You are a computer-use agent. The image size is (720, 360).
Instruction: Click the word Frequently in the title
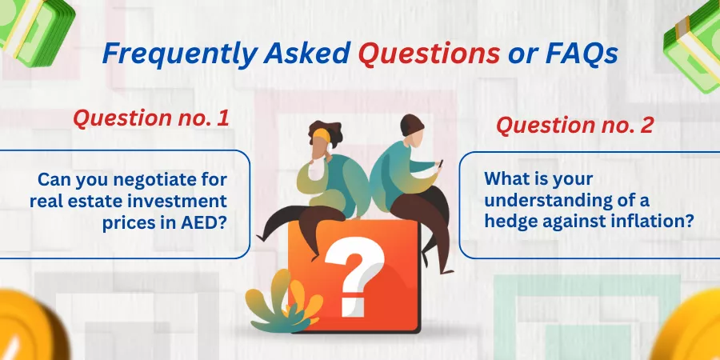pyautogui.click(x=179, y=54)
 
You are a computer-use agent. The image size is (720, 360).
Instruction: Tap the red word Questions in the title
pyautogui.click(x=429, y=54)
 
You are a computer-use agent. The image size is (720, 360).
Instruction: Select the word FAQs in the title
pyautogui.click(x=582, y=54)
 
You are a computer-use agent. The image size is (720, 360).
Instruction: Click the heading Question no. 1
pyautogui.click(x=151, y=119)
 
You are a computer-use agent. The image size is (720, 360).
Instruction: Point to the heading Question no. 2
pyautogui.click(x=574, y=125)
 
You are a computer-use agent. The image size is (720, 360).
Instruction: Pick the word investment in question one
pyautogui.click(x=184, y=201)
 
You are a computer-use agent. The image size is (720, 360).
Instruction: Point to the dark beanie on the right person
pyautogui.click(x=412, y=125)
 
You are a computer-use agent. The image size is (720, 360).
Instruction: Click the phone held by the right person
pyautogui.click(x=440, y=163)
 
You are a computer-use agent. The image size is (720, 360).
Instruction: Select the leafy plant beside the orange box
pyautogui.click(x=283, y=302)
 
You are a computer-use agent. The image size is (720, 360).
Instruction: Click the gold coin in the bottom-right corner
pyautogui.click(x=688, y=327)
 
